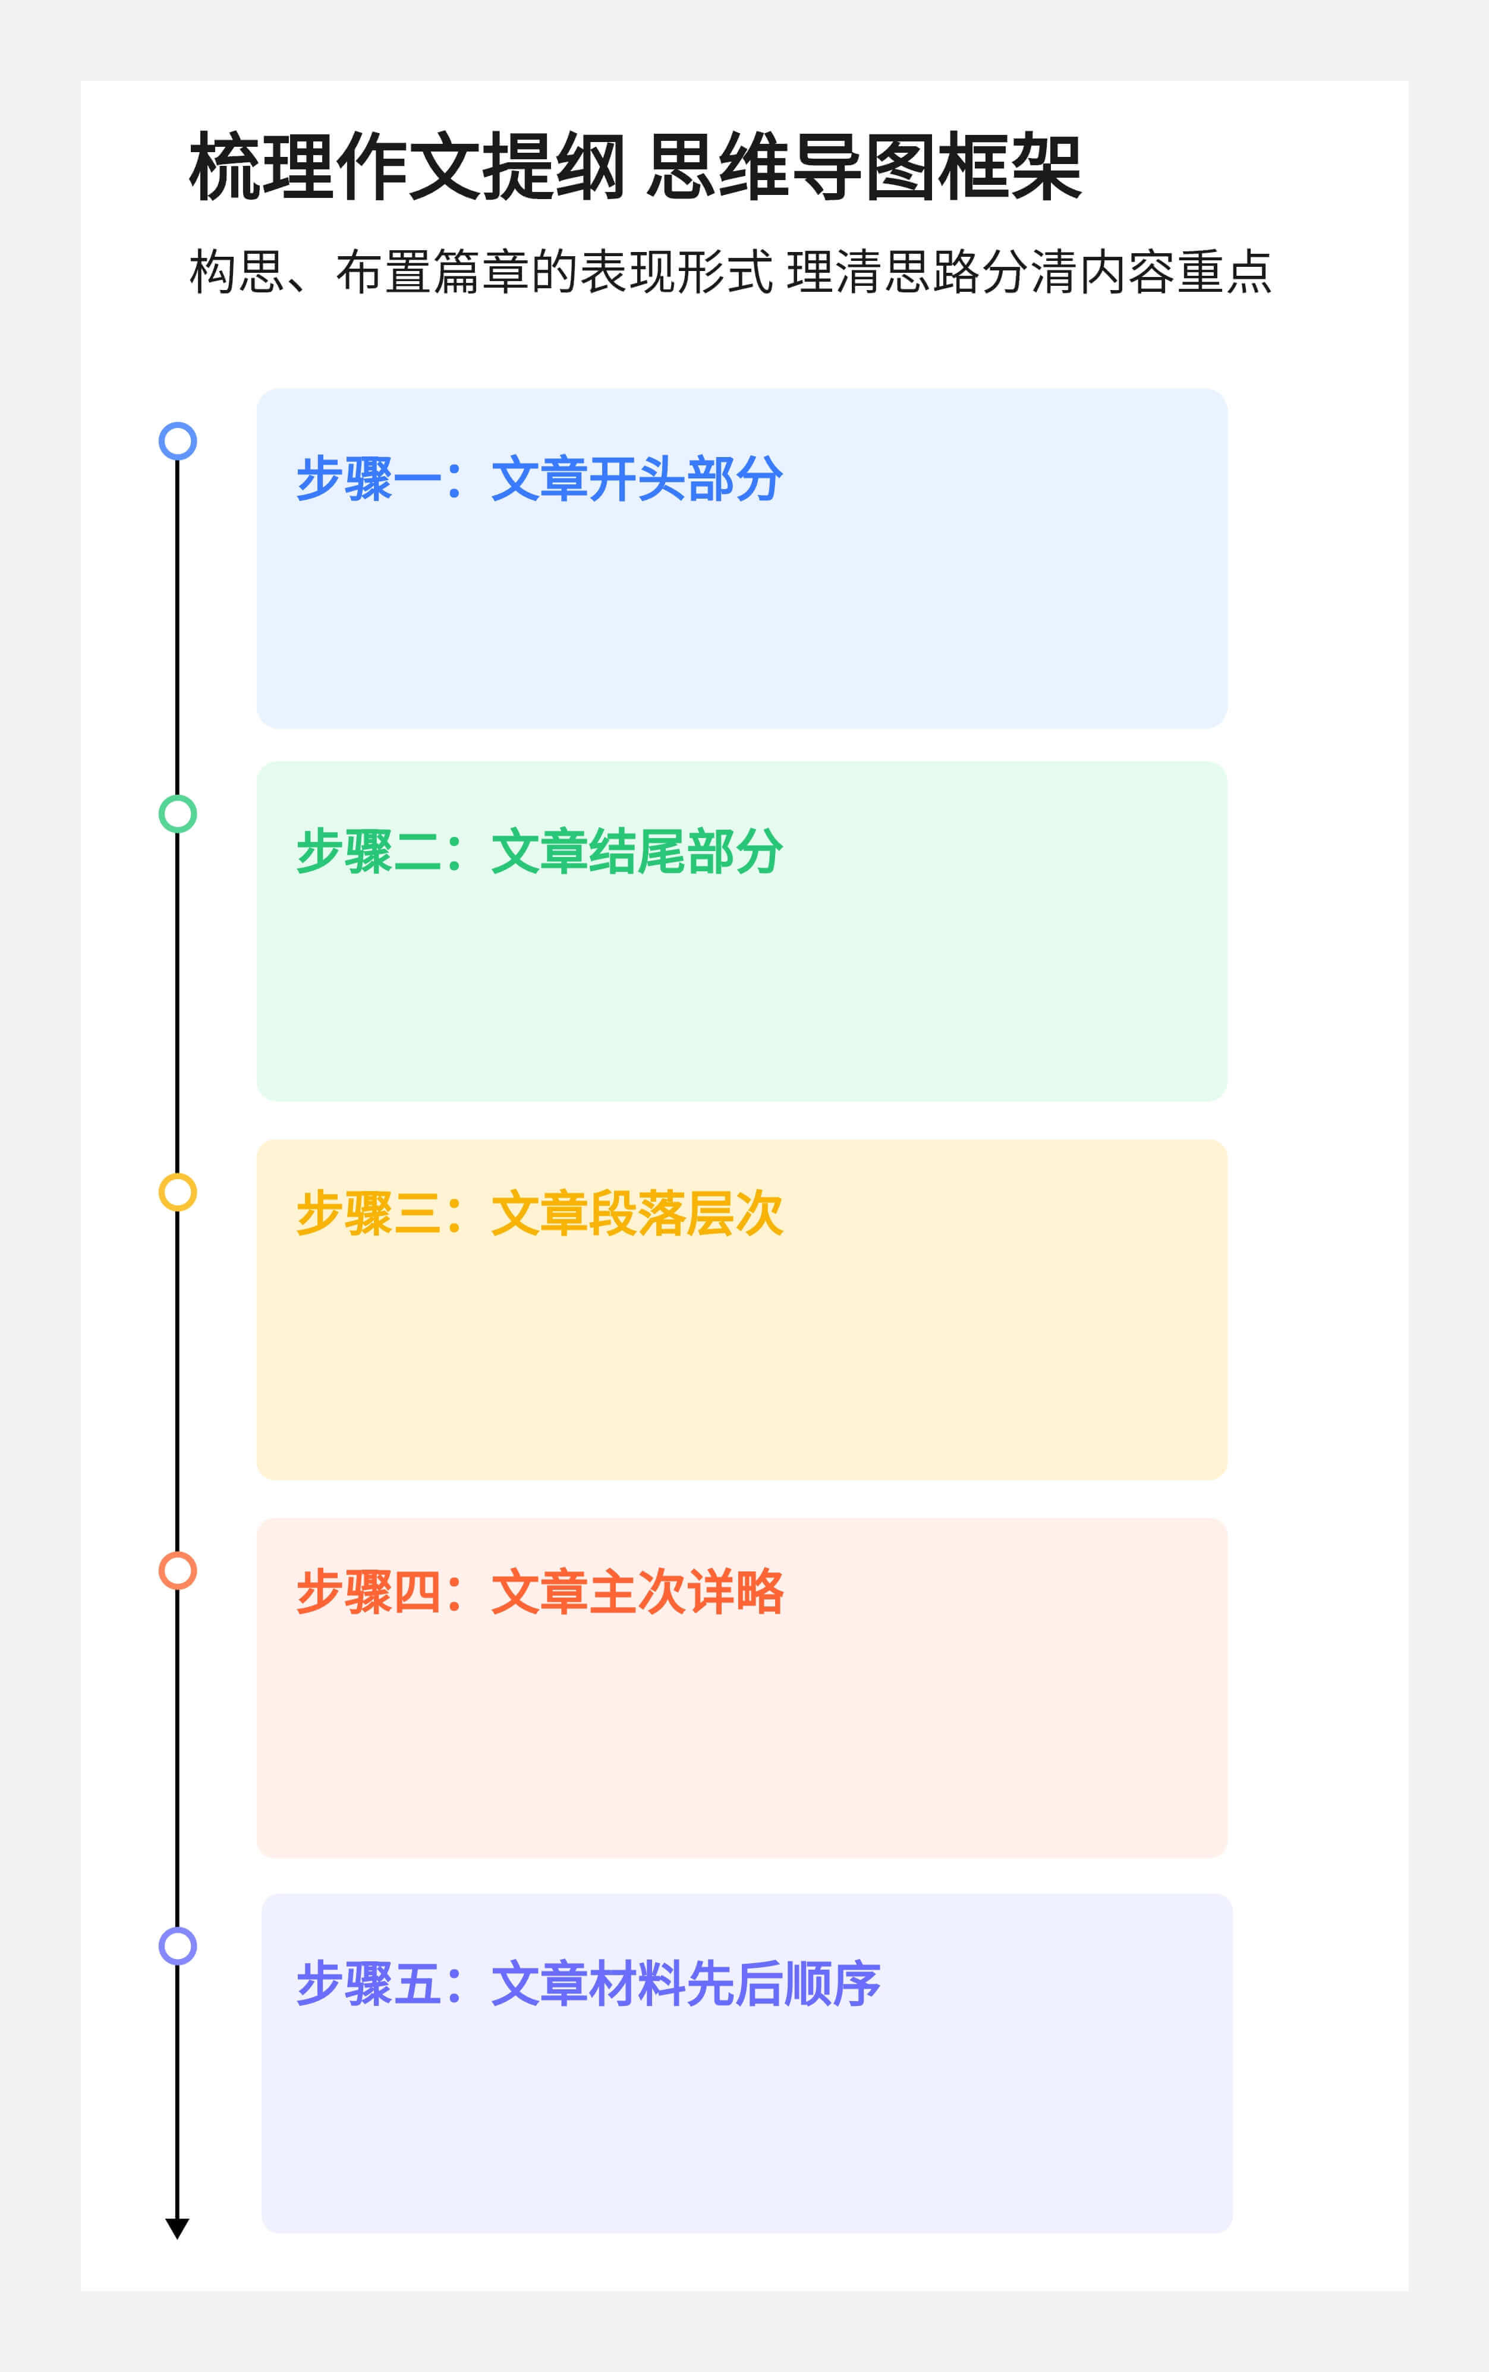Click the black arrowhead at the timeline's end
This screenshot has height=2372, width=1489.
pos(177,2228)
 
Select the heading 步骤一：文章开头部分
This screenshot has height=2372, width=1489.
pos(540,480)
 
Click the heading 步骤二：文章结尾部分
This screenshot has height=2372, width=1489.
pos(540,852)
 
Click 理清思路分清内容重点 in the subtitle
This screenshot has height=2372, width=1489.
pos(1029,272)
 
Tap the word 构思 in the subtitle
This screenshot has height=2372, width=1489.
pos(237,272)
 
